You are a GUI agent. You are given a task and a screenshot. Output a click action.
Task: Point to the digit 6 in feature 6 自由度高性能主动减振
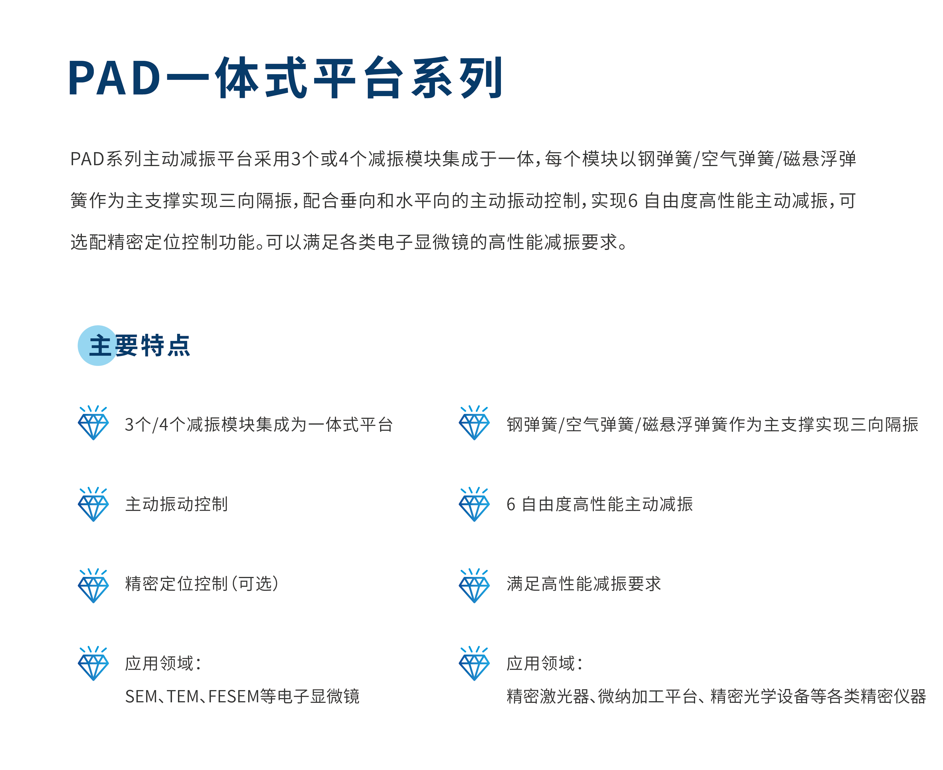511,504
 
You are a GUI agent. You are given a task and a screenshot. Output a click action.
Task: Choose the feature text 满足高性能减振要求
583,584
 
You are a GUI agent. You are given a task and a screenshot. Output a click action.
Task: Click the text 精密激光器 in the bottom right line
548,696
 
